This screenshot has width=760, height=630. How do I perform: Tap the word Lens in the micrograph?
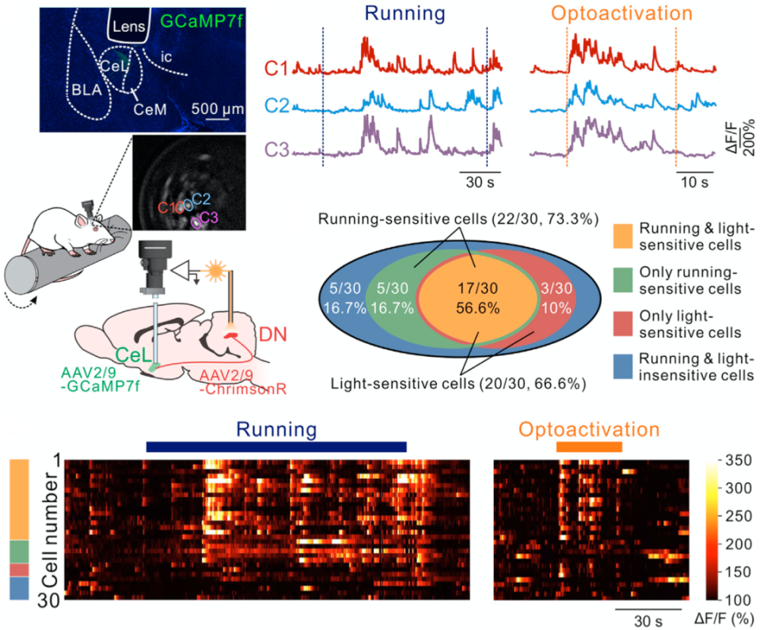point(127,26)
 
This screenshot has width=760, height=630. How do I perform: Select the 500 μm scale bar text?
point(215,108)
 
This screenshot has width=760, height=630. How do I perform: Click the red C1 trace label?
point(277,69)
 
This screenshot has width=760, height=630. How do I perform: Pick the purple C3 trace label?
point(277,150)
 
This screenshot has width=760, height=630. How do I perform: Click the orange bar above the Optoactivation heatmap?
point(589,448)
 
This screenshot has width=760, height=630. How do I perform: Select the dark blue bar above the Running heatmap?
point(275,448)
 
